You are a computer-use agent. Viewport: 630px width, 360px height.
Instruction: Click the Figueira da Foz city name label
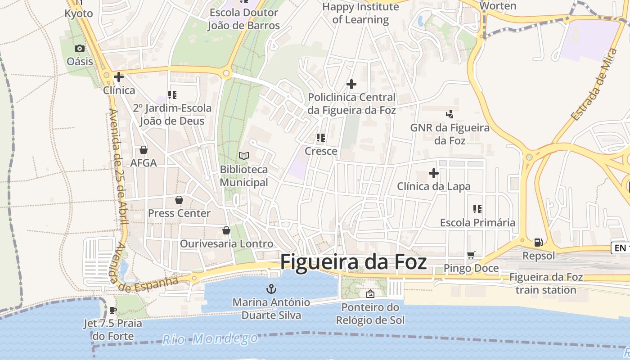coord(353,262)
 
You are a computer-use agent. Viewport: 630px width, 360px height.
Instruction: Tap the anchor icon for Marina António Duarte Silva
coord(271,289)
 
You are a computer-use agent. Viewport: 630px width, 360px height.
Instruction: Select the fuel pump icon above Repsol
coord(538,243)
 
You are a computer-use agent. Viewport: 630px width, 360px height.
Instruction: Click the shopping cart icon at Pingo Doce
coord(471,255)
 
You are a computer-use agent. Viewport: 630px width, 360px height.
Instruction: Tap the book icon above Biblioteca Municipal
coord(244,156)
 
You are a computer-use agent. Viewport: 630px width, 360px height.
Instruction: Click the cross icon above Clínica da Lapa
coord(434,173)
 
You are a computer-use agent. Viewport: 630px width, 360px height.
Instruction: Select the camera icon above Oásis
coord(80,48)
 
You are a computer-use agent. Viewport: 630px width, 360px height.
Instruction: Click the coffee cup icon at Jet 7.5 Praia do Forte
coord(112,310)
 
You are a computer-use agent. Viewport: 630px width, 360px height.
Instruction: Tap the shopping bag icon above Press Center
coord(179,200)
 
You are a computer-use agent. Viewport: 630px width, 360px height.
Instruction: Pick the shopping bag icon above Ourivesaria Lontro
coord(226,230)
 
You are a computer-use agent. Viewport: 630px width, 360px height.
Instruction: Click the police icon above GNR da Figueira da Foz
coord(450,114)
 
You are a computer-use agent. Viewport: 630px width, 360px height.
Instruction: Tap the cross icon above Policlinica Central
coord(351,84)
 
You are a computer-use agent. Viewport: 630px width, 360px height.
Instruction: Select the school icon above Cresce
coord(321,138)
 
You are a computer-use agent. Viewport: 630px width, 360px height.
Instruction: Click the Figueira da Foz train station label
coord(546,283)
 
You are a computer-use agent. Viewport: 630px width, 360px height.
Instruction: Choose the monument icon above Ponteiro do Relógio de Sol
coord(370,294)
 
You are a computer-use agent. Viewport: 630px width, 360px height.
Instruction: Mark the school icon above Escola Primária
coord(477,209)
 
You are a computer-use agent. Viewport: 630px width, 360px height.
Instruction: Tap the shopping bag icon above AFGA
coord(144,150)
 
